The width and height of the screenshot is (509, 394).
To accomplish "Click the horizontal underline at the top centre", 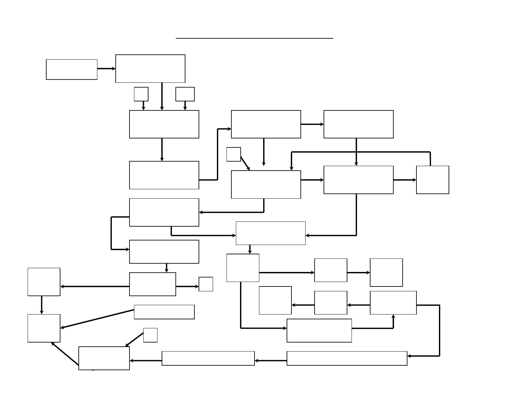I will (254, 38).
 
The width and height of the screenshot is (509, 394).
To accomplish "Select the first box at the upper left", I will (72, 69).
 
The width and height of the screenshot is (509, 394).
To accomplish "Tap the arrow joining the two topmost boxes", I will (106, 69).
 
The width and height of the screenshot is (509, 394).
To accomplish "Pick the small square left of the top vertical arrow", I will (141, 94).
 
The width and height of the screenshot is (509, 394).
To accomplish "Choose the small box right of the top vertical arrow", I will (185, 94).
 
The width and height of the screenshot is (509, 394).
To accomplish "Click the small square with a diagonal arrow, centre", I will (234, 154).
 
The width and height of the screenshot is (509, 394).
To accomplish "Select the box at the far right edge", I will (433, 180).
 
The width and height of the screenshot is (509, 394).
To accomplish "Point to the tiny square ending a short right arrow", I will (206, 284).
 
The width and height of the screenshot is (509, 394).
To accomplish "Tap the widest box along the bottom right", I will (347, 358).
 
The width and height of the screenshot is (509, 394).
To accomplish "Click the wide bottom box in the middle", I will (208, 358).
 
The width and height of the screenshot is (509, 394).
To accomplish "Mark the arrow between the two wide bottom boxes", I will (271, 361).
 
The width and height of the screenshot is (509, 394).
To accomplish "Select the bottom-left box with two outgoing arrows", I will (104, 358).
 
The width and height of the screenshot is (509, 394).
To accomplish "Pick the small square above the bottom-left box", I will (150, 335).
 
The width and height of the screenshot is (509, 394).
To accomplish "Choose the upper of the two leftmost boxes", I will (44, 282).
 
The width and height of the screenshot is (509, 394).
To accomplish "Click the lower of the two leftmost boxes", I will (44, 328).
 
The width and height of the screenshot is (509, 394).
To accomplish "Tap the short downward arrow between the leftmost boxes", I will (42, 305).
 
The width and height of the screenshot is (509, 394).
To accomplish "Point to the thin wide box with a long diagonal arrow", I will (164, 312).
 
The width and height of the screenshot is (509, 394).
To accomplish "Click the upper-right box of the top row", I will (359, 124).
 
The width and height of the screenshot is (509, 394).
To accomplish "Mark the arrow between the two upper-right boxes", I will (312, 124).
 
